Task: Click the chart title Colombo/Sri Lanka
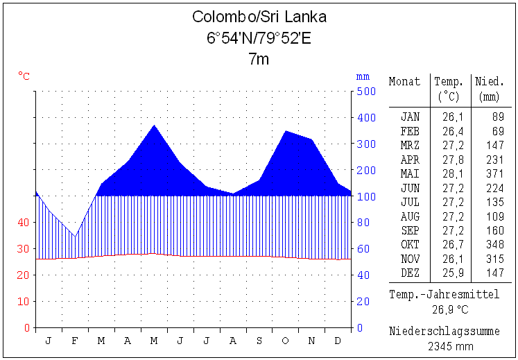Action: pyautogui.click(x=259, y=17)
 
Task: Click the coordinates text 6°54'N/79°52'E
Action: pyautogui.click(x=259, y=38)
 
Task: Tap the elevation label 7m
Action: pyautogui.click(x=259, y=60)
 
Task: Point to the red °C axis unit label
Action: pyautogui.click(x=24, y=76)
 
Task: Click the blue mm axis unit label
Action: pyautogui.click(x=363, y=76)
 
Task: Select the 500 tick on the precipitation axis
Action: pyautogui.click(x=365, y=92)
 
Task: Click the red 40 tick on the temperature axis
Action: pyautogui.click(x=24, y=223)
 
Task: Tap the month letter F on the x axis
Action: pyautogui.click(x=75, y=341)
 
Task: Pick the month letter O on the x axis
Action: pyautogui.click(x=286, y=341)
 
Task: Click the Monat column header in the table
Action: pyautogui.click(x=404, y=82)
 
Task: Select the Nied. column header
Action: pyautogui.click(x=490, y=82)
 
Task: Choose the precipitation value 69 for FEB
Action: pyautogui.click(x=498, y=131)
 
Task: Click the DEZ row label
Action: pyautogui.click(x=410, y=273)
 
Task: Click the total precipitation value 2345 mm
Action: pyautogui.click(x=451, y=345)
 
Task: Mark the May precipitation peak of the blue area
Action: pyautogui.click(x=154, y=126)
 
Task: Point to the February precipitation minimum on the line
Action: pyautogui.click(x=75, y=237)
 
